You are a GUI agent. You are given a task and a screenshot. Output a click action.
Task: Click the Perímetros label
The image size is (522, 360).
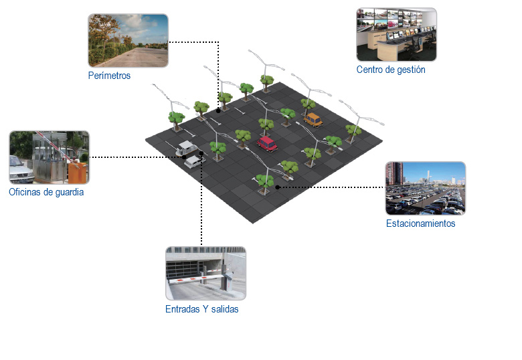point(109,76)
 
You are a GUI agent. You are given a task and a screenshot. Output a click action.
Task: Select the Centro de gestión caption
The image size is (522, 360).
point(391,70)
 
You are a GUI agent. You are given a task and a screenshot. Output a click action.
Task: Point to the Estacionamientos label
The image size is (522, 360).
point(420,223)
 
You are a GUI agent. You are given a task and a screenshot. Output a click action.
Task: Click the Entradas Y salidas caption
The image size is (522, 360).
point(201,309)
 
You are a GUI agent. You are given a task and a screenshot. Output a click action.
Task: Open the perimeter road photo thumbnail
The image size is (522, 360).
point(128,40)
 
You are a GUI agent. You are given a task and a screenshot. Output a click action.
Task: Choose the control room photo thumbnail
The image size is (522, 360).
point(396,34)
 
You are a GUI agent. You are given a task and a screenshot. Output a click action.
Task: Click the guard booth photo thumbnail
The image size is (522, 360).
point(49,157)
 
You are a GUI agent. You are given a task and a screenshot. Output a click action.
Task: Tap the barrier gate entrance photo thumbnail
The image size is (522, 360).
point(205,273)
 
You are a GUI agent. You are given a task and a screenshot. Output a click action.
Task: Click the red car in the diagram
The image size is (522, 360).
point(267,143)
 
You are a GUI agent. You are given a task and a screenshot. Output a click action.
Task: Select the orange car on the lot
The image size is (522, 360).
point(313,119)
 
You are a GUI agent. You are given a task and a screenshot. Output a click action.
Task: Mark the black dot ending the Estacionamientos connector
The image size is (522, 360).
point(277,187)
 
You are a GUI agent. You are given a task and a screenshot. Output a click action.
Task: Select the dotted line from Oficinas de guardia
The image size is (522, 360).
point(134,157)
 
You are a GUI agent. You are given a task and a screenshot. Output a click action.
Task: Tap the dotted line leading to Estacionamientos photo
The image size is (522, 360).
point(335,187)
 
